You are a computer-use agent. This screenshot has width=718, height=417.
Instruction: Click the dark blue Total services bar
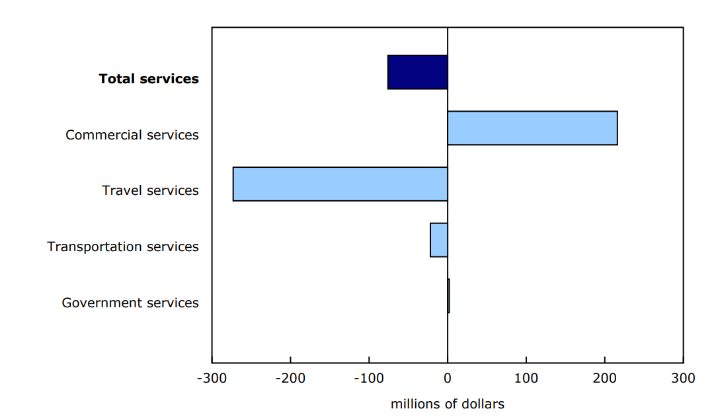click(418, 72)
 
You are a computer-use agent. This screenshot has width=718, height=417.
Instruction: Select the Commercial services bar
click(532, 128)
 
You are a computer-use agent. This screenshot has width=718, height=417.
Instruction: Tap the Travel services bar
click(340, 184)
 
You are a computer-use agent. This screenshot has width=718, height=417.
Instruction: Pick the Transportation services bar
click(439, 240)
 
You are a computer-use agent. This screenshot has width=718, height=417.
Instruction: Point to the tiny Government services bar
click(448, 295)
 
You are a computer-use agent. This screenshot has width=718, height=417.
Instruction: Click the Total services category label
click(149, 79)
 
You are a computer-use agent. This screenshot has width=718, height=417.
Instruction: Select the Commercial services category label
click(132, 135)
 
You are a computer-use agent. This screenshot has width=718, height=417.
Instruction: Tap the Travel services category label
click(150, 190)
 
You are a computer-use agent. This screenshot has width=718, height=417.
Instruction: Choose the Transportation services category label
click(123, 246)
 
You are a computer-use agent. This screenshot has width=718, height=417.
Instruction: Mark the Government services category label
click(130, 303)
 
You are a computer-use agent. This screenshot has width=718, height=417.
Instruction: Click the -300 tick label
click(212, 379)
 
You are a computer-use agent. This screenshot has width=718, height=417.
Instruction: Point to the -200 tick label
click(290, 379)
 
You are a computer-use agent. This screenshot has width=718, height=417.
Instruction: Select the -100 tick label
click(369, 379)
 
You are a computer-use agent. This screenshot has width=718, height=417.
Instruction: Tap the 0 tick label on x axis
click(448, 379)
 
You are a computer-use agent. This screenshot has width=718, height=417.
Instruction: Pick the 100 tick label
click(526, 379)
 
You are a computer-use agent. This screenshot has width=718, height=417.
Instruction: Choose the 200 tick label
click(604, 379)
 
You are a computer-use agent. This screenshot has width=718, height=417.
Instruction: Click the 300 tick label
click(683, 379)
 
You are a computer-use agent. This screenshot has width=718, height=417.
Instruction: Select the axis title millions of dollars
click(448, 404)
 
